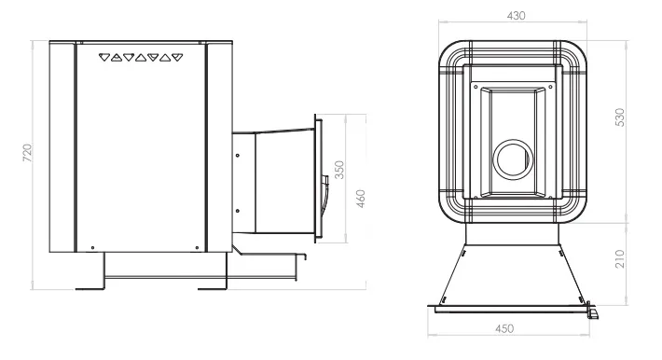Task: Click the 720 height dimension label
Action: pyautogui.click(x=27, y=153)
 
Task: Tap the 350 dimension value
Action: pyautogui.click(x=339, y=170)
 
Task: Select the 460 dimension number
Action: pyautogui.click(x=360, y=199)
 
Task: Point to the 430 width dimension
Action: pyautogui.click(x=516, y=16)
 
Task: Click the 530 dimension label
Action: pyautogui.click(x=619, y=117)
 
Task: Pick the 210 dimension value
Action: pyautogui.click(x=619, y=258)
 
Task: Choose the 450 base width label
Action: pyautogui.click(x=504, y=328)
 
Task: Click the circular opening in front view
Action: pyautogui.click(x=514, y=159)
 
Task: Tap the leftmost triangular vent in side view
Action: pyautogui.click(x=104, y=57)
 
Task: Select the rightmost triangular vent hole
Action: pyautogui.click(x=178, y=57)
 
